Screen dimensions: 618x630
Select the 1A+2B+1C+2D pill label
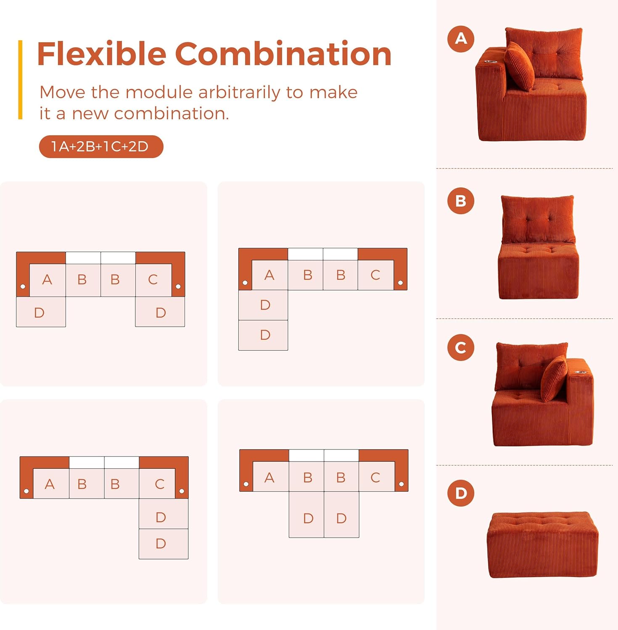click(101, 147)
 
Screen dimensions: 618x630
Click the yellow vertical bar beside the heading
click(20, 80)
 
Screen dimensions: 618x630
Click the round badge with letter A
click(461, 39)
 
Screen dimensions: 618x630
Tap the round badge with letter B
click(461, 201)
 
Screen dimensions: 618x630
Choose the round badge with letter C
click(461, 347)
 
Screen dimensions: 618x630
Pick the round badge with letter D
click(461, 493)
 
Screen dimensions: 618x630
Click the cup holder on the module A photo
click(491, 62)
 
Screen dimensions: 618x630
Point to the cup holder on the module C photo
click(581, 372)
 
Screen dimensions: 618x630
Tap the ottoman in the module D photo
click(543, 545)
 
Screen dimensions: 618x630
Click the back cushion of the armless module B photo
click(538, 218)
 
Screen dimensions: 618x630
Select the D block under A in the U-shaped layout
click(41, 312)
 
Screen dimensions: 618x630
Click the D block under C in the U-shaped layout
click(160, 312)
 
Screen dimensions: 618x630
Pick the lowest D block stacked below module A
click(263, 335)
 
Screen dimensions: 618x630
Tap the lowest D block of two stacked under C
click(164, 544)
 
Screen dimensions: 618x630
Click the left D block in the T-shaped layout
click(306, 514)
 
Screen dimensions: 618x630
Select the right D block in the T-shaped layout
click(342, 514)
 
